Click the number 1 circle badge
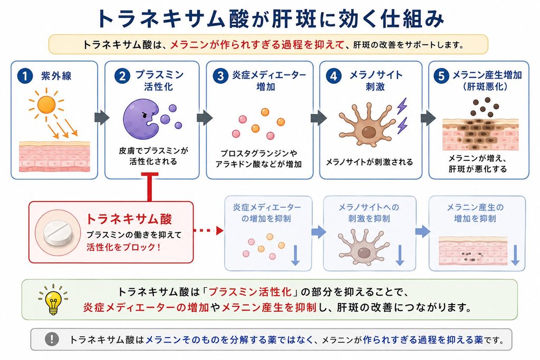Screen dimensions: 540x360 25,76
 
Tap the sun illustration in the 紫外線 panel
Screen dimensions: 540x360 46,104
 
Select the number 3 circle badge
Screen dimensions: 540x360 221,76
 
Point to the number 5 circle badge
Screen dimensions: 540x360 441,76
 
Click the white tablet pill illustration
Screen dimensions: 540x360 59,233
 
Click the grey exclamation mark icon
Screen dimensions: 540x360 52,339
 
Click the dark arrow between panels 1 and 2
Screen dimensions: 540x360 102,118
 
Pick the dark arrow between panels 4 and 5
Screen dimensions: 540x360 428,118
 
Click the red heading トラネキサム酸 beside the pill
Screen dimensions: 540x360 129,219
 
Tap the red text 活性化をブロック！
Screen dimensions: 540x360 123,247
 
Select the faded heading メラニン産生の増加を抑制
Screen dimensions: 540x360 475,213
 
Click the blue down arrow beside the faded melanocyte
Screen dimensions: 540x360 400,255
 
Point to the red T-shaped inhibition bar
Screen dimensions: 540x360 150,187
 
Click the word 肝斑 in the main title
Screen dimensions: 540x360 294,18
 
